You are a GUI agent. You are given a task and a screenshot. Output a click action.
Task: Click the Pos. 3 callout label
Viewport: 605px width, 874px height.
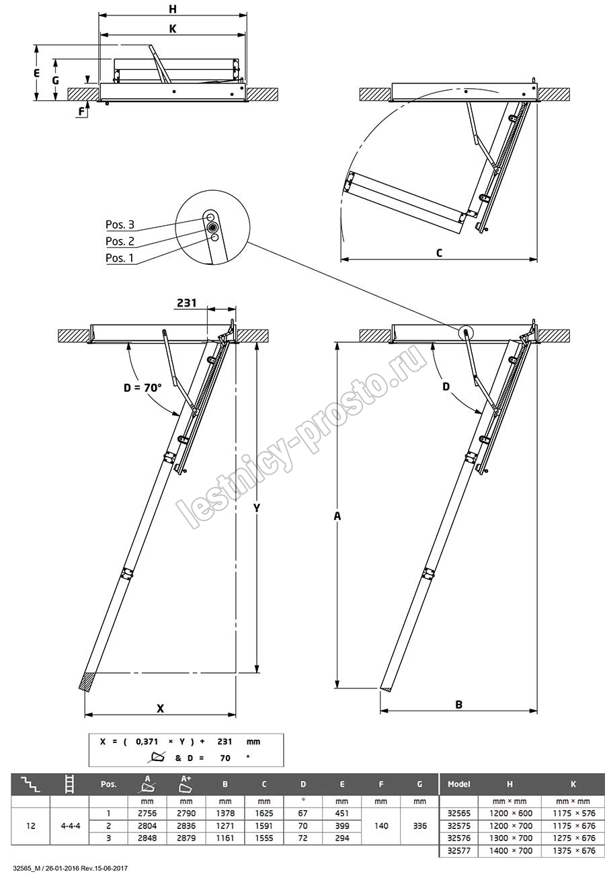pos(120,225)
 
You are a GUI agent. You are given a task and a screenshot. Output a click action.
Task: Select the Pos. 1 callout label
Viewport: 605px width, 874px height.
pos(120,258)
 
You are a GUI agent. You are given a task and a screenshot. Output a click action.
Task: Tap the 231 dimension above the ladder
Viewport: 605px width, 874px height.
pos(186,303)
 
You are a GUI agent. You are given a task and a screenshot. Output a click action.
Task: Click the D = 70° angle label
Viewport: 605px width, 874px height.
pos(143,388)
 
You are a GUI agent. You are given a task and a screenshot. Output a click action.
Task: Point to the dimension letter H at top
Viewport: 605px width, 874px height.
pos(173,9)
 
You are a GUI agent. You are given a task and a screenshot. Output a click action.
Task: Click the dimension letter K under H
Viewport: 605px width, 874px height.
pos(173,29)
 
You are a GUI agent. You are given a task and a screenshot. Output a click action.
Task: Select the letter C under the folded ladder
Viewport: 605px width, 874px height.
pos(439,253)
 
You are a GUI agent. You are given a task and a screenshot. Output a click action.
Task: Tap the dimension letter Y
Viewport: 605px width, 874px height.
pos(257,508)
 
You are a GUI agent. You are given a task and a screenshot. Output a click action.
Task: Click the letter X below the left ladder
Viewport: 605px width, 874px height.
pos(160,708)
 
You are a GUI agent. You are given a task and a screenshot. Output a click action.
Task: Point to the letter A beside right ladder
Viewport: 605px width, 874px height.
pos(337,516)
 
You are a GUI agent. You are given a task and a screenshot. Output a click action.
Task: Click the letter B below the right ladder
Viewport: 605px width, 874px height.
pos(458,705)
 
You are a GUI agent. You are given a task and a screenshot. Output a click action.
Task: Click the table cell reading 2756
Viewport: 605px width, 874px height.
pos(147,813)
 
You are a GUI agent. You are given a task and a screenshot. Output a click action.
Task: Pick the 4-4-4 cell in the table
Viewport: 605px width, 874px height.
pos(70,826)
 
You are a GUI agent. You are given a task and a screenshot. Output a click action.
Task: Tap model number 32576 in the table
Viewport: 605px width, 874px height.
pos(458,838)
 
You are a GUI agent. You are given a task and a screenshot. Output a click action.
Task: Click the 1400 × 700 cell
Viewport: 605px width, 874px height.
pos(511,850)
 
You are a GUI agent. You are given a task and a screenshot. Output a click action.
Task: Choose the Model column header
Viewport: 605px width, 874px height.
pos(458,784)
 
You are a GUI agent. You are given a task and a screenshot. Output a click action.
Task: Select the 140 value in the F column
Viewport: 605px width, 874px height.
pos(381,826)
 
